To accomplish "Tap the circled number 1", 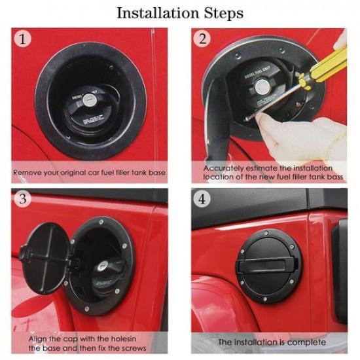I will pyautogui.click(x=24, y=39).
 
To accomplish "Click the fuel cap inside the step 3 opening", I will pyautogui.click(x=105, y=272).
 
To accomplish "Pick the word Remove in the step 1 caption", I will pyautogui.click(x=28, y=173).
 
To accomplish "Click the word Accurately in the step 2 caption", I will pyautogui.click(x=225, y=168).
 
